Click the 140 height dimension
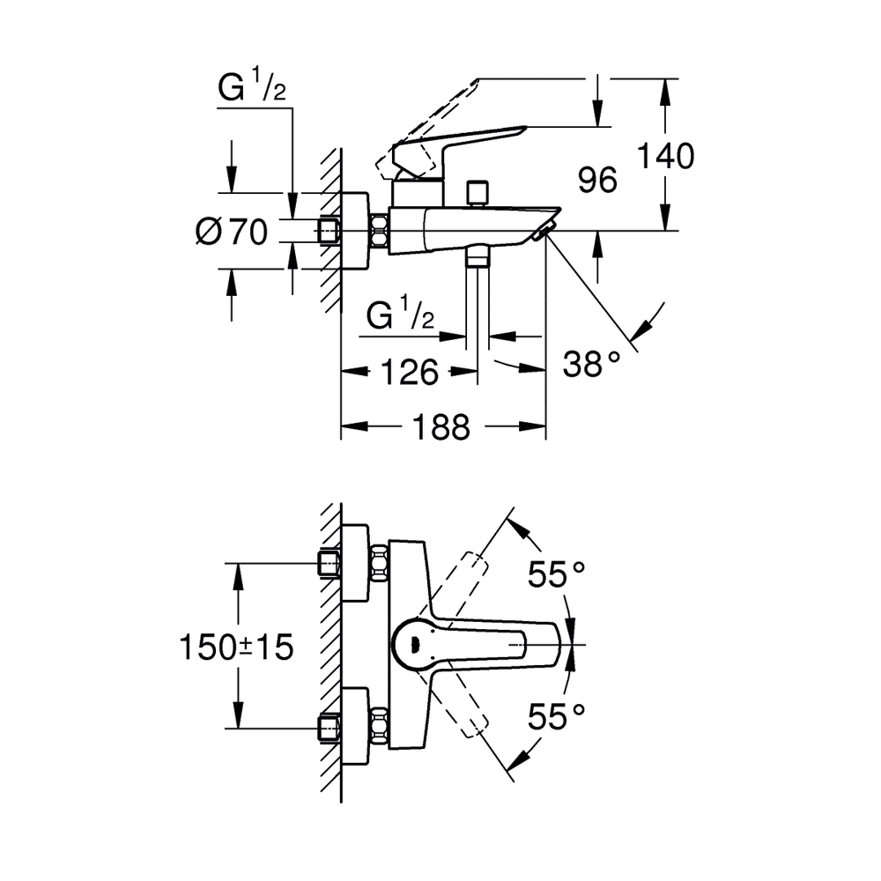(x=665, y=157)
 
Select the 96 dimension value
(x=597, y=181)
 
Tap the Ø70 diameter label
(x=231, y=233)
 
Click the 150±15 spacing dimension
(x=235, y=648)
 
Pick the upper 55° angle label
(x=557, y=575)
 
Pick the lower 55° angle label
(x=557, y=717)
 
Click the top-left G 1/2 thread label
(x=252, y=90)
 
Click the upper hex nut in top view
(x=380, y=563)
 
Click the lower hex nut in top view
(x=380, y=728)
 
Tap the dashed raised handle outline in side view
(x=427, y=123)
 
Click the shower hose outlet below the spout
(x=478, y=256)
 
